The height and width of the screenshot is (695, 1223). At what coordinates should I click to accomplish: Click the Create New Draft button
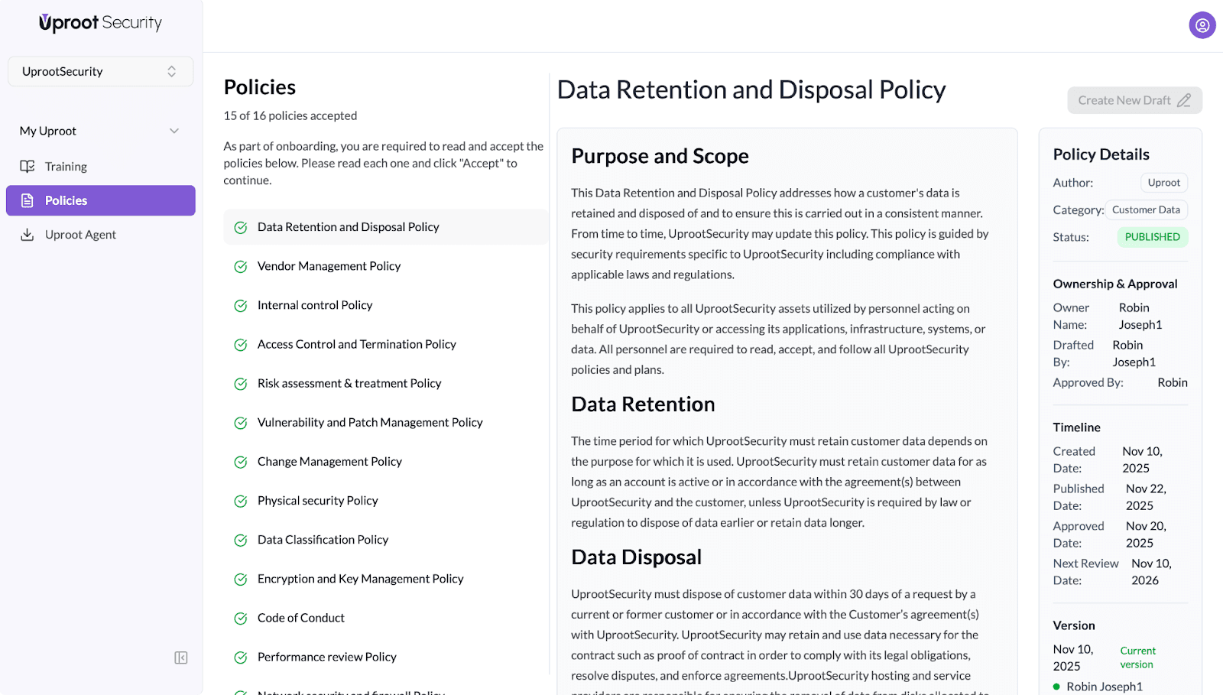point(1134,100)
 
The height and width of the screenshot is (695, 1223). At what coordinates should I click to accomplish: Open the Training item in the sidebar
point(66,167)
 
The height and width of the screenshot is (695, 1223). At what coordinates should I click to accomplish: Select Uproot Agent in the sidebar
point(80,235)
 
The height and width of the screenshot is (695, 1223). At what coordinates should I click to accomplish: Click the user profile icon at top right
point(1202,25)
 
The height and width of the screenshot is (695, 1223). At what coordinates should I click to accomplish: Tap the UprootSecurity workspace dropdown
point(100,71)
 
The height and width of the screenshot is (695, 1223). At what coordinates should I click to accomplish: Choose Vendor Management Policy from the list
point(329,266)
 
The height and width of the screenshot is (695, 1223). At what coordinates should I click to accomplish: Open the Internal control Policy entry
point(315,305)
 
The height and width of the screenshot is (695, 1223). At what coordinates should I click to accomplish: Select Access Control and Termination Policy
point(356,344)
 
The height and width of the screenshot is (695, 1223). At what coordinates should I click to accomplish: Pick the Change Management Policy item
point(329,462)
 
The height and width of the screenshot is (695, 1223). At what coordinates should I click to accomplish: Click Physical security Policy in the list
point(317,501)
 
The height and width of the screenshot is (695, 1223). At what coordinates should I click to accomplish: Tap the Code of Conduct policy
point(300,618)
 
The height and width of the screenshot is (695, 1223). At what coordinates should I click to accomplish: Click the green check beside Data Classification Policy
point(241,541)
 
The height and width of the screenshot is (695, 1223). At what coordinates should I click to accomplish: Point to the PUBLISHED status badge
point(1152,237)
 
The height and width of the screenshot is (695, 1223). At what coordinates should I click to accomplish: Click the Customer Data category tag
point(1146,209)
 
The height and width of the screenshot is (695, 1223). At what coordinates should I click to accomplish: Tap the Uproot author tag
point(1163,183)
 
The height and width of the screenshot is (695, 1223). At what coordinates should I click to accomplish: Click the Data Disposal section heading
point(636,557)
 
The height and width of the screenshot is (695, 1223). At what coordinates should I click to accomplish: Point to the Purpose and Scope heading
point(660,156)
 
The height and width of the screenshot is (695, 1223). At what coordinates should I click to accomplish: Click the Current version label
point(1137,658)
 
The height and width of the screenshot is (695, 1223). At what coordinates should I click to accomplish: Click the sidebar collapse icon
point(181,658)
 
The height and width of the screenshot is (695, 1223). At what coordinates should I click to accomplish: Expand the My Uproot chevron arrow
point(174,131)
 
